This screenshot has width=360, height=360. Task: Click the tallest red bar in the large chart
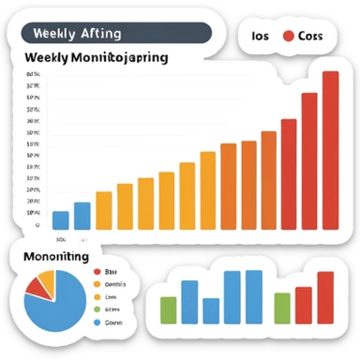click(x=330, y=150)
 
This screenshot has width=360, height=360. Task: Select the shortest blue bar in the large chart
click(x=61, y=220)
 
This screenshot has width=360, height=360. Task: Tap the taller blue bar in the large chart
click(x=82, y=216)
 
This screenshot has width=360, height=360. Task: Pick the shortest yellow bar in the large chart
click(x=103, y=210)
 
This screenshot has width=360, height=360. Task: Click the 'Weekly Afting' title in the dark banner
click(x=77, y=34)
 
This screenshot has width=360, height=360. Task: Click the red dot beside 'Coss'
click(x=289, y=36)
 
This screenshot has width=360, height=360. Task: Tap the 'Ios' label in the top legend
click(x=261, y=36)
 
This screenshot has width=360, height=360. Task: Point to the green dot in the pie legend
click(x=97, y=308)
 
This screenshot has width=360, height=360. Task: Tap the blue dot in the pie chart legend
click(x=97, y=322)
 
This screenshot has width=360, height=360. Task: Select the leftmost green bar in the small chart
click(x=169, y=309)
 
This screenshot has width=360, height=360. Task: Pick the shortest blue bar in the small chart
click(x=211, y=310)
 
